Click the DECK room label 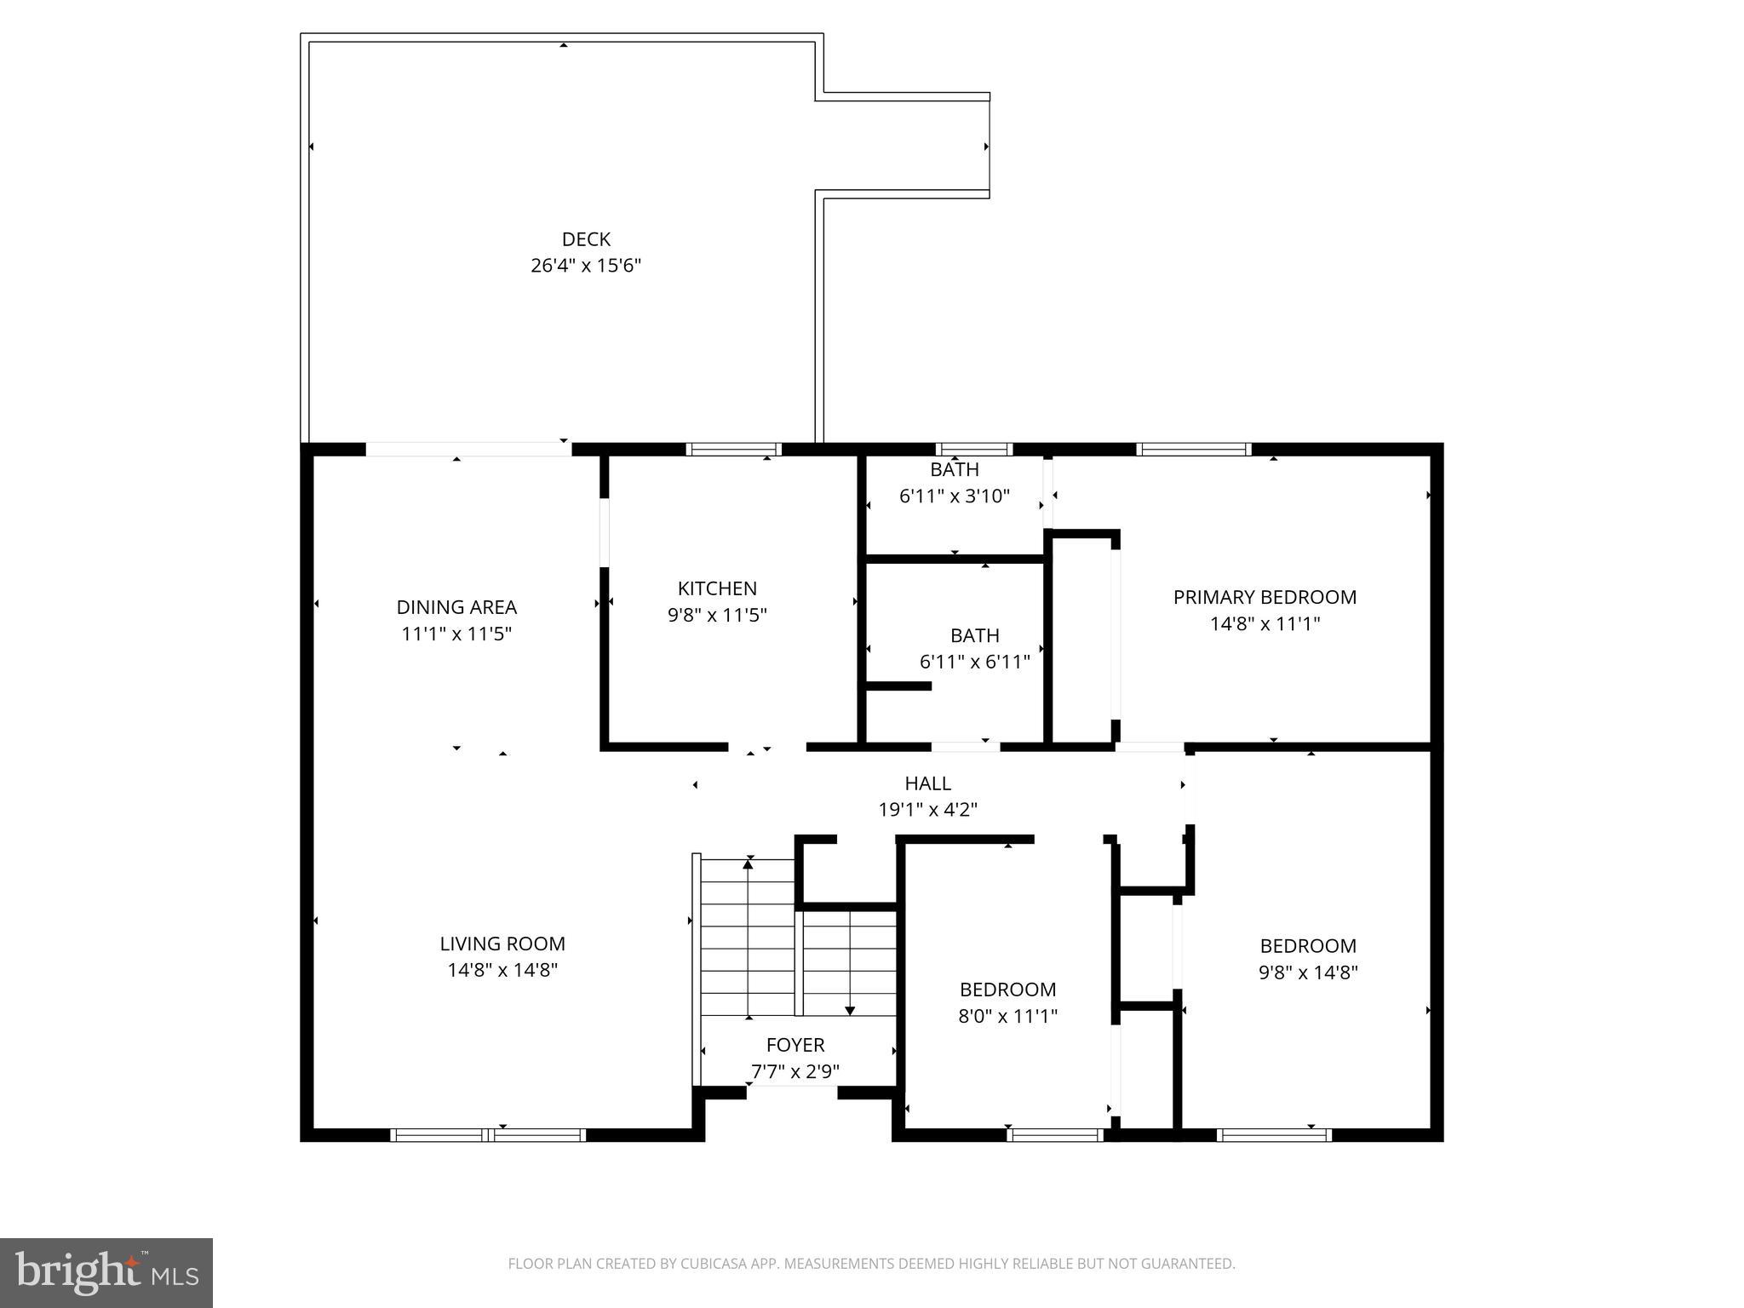coord(586,239)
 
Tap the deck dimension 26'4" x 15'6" coord(586,266)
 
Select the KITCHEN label coord(717,588)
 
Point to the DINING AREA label coord(456,607)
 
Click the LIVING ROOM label coord(502,944)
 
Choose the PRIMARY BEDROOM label coord(1265,597)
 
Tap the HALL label coord(928,783)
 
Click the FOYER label coord(795,1045)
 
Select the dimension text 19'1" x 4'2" coord(928,810)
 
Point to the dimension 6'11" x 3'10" coord(955,496)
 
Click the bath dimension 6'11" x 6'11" coord(975,662)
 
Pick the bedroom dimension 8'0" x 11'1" coord(1008,1016)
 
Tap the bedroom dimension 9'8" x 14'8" coord(1308,972)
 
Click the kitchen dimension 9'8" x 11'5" coord(717,615)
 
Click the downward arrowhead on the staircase coord(850,1011)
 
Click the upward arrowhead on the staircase coord(748,863)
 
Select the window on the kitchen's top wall coord(734,450)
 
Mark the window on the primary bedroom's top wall coord(1194,450)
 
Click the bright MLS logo coord(106,1272)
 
